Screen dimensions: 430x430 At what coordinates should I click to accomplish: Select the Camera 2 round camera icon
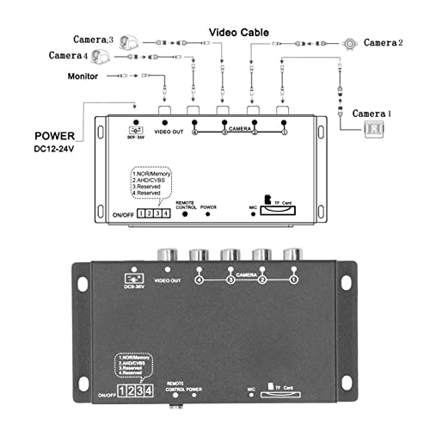[351, 42]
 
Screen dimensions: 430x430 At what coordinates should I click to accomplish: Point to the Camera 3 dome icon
[128, 42]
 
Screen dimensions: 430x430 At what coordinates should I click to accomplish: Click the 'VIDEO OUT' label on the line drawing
[169, 131]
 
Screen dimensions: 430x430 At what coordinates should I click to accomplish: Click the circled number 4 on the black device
[199, 280]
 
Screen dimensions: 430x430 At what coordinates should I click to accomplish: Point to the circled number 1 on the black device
[293, 280]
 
